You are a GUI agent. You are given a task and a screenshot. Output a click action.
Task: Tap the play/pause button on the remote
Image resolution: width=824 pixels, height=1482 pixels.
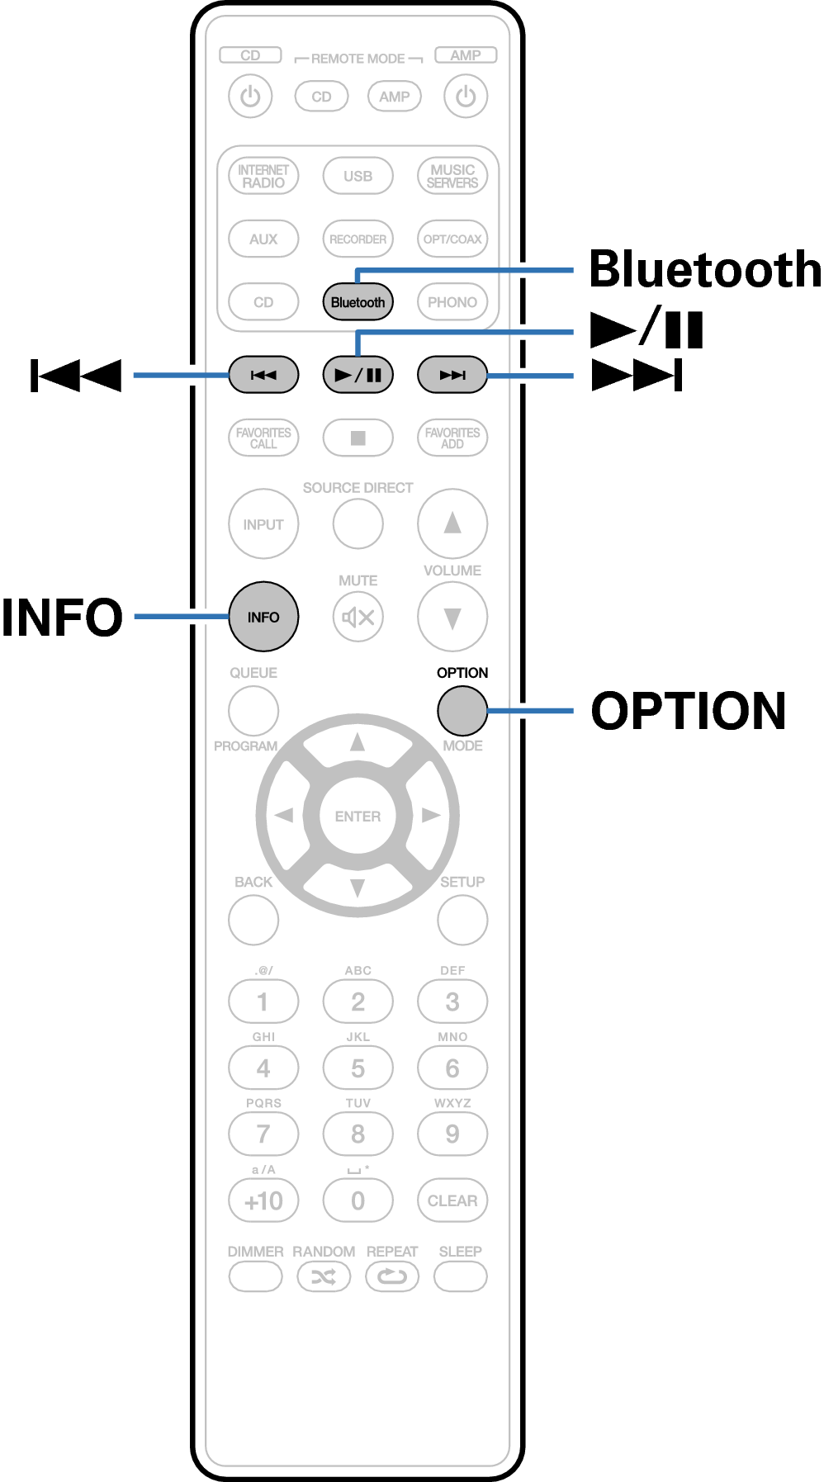click(358, 375)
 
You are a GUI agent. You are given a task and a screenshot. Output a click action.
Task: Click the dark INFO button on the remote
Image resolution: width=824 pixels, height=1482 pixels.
click(263, 617)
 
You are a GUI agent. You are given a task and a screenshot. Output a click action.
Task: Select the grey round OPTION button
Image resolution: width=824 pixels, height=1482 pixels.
click(462, 710)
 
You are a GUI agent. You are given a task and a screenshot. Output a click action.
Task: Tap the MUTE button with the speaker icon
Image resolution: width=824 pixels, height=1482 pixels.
click(358, 617)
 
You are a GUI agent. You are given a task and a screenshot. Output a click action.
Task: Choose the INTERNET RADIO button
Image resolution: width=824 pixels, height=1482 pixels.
click(263, 176)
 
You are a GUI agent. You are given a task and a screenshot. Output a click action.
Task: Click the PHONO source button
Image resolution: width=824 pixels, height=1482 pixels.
click(452, 302)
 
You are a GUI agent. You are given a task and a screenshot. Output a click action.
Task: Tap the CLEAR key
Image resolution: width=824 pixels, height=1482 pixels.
click(452, 1200)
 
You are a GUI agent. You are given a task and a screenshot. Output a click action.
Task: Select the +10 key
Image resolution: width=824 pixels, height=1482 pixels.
click(263, 1200)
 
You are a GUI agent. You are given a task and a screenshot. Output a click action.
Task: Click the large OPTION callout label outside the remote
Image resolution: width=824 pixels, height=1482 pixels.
click(688, 711)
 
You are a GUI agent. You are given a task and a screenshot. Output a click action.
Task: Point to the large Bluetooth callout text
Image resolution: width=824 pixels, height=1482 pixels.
click(704, 270)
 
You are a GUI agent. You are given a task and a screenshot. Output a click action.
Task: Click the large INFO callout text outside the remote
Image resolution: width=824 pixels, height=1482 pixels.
click(62, 618)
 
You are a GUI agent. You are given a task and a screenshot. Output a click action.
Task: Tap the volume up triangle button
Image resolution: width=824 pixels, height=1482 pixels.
click(452, 523)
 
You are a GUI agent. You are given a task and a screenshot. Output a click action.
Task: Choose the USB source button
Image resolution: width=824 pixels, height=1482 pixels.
click(358, 176)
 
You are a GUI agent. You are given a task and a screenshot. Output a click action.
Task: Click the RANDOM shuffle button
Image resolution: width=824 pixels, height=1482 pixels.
click(324, 1277)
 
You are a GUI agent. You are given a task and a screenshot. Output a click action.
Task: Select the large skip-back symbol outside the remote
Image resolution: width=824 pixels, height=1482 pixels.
click(76, 376)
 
